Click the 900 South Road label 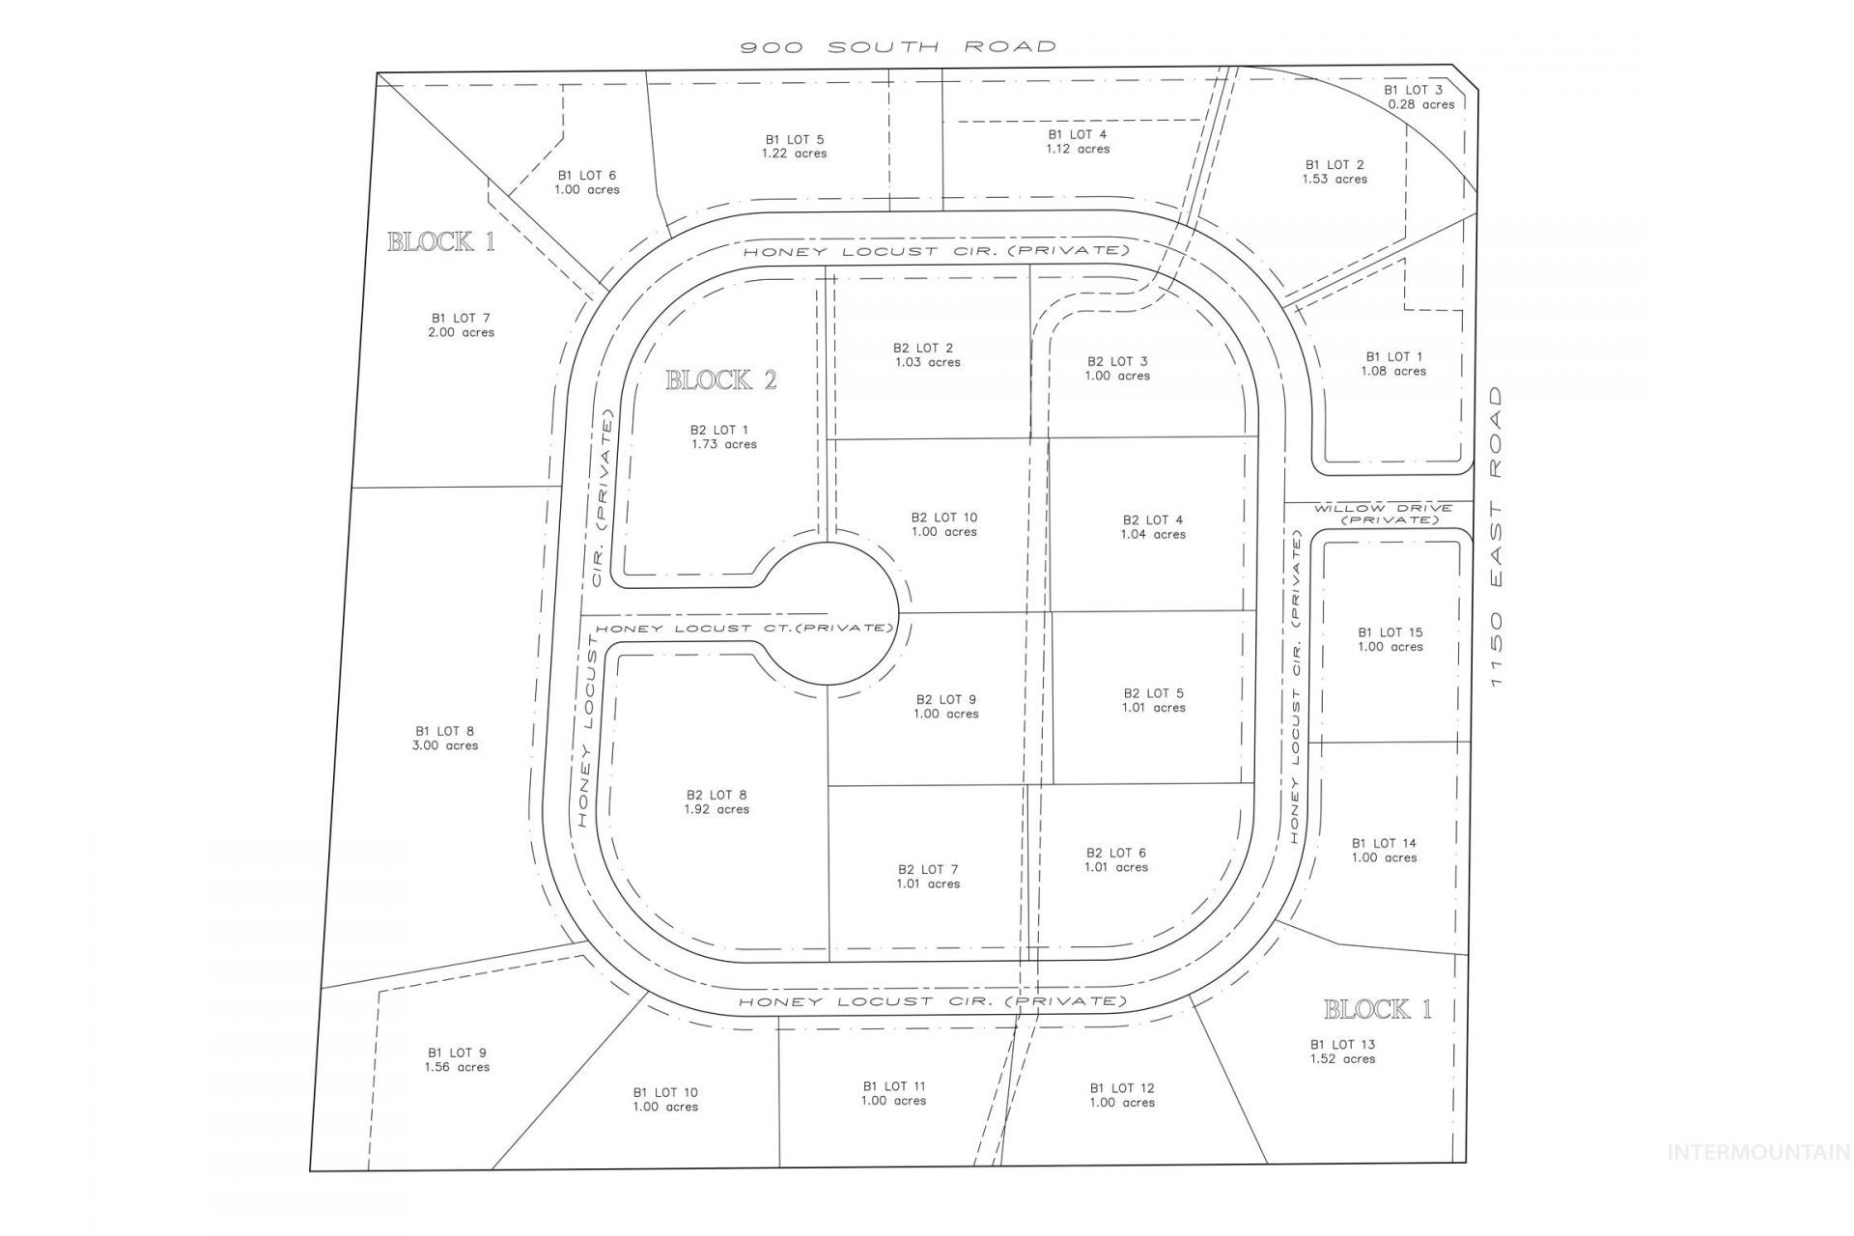click(898, 46)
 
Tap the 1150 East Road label click(1496, 537)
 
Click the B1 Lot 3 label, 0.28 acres click(1420, 97)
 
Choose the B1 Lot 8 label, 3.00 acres click(445, 738)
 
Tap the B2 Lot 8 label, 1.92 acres click(716, 801)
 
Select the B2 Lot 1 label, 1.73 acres click(723, 436)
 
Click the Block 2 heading click(721, 380)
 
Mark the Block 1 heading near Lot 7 click(441, 241)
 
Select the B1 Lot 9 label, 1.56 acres click(457, 1059)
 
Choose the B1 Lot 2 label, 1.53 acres click(1334, 171)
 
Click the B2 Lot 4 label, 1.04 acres click(1153, 526)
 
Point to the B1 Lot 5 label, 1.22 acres click(794, 146)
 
